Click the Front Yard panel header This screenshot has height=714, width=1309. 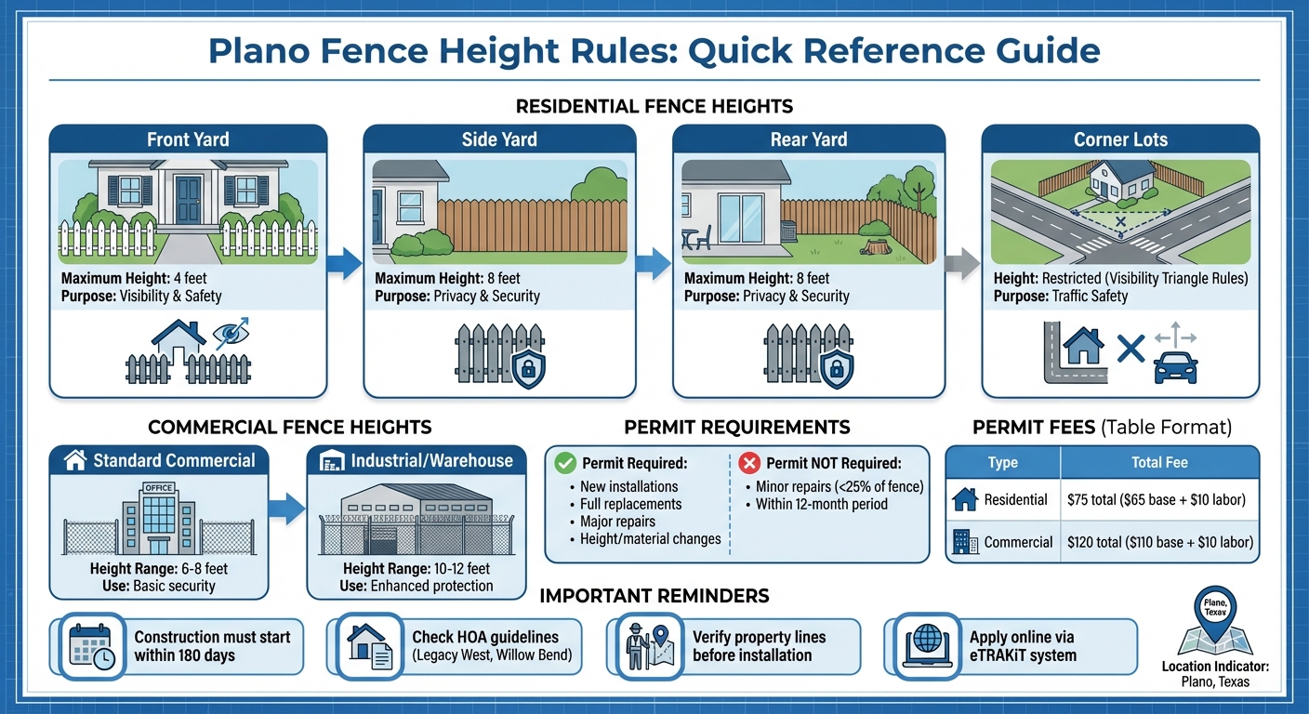pyautogui.click(x=188, y=139)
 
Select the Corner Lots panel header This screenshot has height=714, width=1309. pyautogui.click(x=1120, y=139)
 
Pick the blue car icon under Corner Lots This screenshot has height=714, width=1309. pyautogui.click(x=1175, y=368)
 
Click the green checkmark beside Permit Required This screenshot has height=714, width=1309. pyautogui.click(x=563, y=462)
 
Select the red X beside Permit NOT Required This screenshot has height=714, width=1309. pyautogui.click(x=749, y=462)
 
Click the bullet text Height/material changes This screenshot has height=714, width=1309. pyautogui.click(x=650, y=538)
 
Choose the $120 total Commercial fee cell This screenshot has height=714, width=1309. pyautogui.click(x=1160, y=542)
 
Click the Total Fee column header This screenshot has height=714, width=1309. pyautogui.click(x=1159, y=462)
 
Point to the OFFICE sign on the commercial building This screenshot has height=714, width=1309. pyautogui.click(x=158, y=487)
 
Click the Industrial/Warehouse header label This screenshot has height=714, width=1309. pyautogui.click(x=430, y=460)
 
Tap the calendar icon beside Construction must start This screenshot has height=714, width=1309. pyautogui.click(x=90, y=643)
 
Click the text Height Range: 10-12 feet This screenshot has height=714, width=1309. pyautogui.click(x=416, y=569)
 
